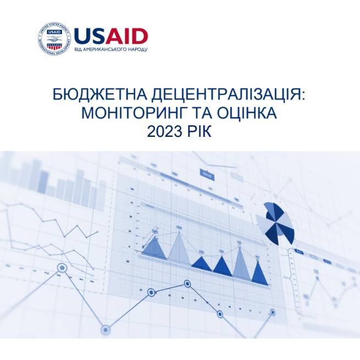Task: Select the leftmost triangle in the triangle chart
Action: (154, 248)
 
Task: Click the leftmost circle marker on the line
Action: (62, 268)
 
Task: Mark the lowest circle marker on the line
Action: (106, 330)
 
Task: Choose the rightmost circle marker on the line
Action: (273, 312)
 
